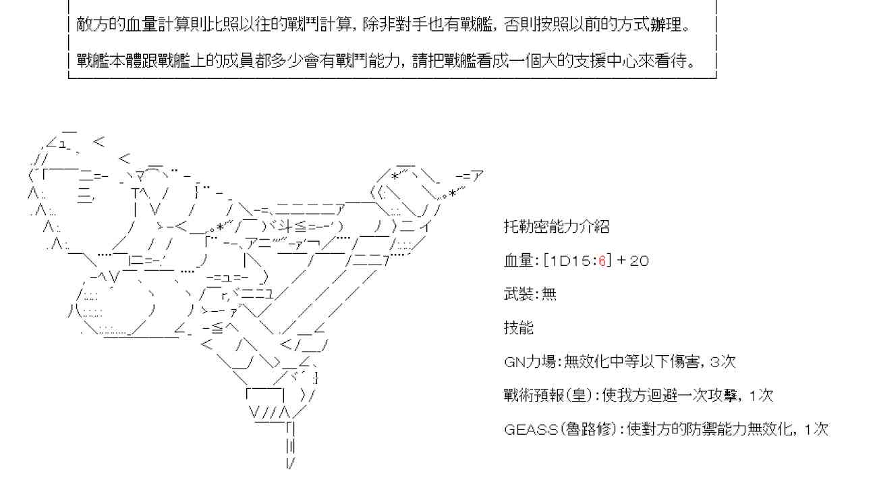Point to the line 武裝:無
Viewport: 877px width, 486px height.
(x=530, y=294)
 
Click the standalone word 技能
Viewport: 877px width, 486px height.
(x=518, y=328)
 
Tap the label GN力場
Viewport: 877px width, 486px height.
(x=530, y=362)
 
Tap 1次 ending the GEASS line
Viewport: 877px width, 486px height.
(x=816, y=429)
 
